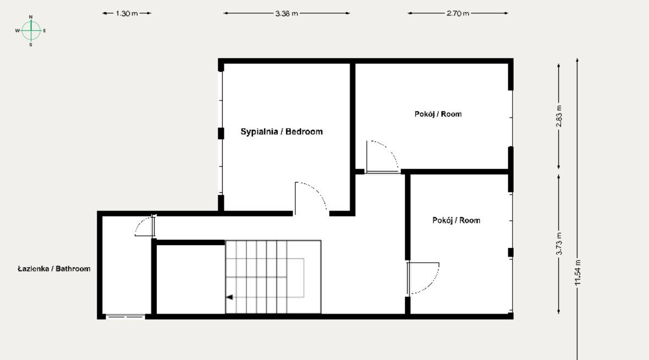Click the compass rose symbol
pyautogui.click(x=31, y=31)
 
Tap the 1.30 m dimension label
pyautogui.click(x=127, y=13)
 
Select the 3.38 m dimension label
pyautogui.click(x=287, y=13)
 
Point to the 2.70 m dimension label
pyautogui.click(x=458, y=13)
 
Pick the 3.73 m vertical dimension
pyautogui.click(x=559, y=243)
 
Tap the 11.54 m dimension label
pyautogui.click(x=578, y=272)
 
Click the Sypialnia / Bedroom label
pyautogui.click(x=282, y=131)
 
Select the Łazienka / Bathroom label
pyautogui.click(x=54, y=269)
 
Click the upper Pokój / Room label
pyautogui.click(x=438, y=114)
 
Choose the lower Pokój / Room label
pyautogui.click(x=456, y=220)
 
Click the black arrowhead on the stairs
pyautogui.click(x=229, y=297)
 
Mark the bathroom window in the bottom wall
pyautogui.click(x=125, y=317)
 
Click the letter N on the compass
pyautogui.click(x=31, y=17)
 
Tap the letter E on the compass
pyautogui.click(x=45, y=31)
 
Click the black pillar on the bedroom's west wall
pyautogui.click(x=221, y=133)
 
